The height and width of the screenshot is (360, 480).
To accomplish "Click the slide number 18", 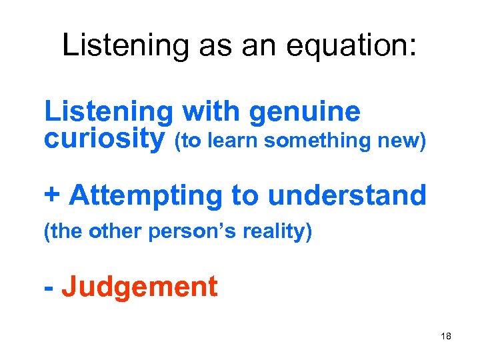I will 446,337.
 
